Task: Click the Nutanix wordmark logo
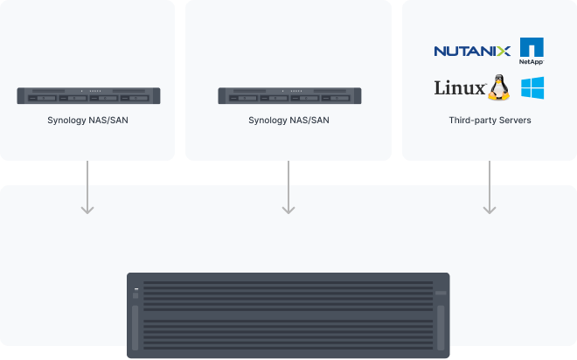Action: [472, 51]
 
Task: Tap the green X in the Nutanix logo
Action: [504, 51]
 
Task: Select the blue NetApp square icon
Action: [532, 47]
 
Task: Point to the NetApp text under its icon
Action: [532, 63]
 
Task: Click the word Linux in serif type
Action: [460, 89]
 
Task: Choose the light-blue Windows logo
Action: [532, 88]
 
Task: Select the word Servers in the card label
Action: [514, 120]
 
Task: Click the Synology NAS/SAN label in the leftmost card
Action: [87, 120]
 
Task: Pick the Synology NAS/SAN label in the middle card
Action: [288, 120]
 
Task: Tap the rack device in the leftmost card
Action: [87, 93]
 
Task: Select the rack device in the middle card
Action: [288, 93]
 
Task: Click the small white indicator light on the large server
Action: [136, 287]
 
